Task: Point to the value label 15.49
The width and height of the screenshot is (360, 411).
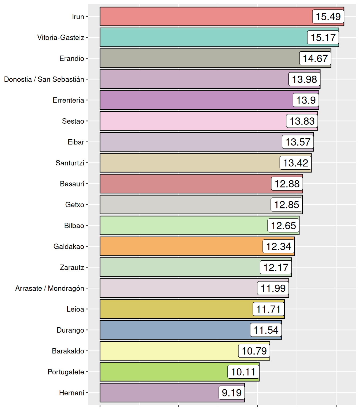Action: point(328,17)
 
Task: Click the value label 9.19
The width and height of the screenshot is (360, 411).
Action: point(232,393)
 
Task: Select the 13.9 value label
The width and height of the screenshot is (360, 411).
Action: point(306,100)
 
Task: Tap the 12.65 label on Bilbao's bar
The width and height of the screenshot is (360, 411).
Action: point(283,226)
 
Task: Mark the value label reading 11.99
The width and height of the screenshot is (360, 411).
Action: point(273,288)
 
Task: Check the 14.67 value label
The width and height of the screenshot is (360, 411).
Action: point(315,58)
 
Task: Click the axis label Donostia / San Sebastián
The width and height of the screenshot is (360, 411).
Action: point(44,79)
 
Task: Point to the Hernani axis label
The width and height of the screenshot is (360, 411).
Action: point(72,393)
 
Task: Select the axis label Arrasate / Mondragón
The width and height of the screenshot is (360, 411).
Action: point(50,288)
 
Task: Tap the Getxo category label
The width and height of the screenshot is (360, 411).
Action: point(75,205)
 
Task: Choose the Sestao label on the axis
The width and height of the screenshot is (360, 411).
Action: point(73,121)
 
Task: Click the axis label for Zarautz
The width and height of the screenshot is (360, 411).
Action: point(72,267)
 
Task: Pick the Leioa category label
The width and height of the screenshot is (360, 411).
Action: point(75,309)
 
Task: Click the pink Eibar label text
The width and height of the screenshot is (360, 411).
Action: point(76,142)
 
